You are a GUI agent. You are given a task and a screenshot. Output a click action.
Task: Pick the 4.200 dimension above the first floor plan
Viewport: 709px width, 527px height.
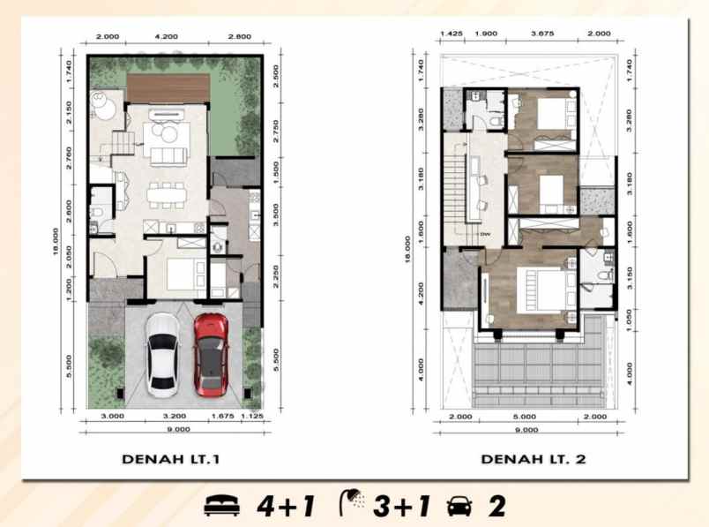pyautogui.click(x=166, y=38)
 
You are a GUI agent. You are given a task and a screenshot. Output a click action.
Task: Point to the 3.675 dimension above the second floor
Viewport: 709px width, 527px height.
pyautogui.click(x=542, y=34)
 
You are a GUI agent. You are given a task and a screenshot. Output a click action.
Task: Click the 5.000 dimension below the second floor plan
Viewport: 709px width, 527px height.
pyautogui.click(x=525, y=416)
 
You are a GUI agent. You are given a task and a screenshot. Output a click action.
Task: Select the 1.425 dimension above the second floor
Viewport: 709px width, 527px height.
pyautogui.click(x=451, y=34)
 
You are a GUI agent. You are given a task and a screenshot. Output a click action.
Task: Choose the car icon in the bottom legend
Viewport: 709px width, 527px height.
pyautogui.click(x=460, y=507)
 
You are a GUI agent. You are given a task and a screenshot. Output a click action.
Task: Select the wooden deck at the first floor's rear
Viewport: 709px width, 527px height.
pyautogui.click(x=166, y=87)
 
